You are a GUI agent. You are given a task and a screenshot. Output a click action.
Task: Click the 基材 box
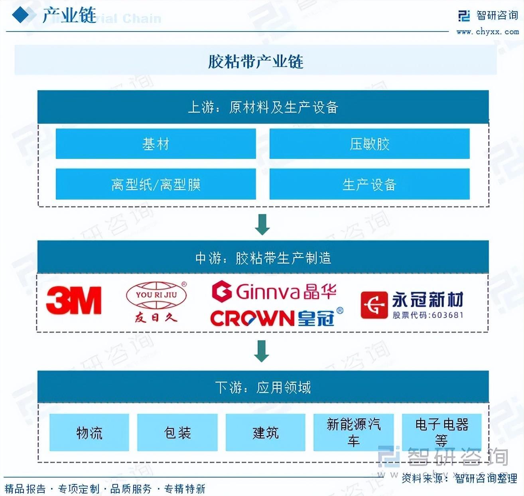coord(156,144)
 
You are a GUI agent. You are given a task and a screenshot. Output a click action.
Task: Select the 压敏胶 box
coord(369,144)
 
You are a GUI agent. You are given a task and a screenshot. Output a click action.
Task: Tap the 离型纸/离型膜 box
coord(156,184)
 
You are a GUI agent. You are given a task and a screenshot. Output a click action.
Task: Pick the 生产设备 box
coord(369,184)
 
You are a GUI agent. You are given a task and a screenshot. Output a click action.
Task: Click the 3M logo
coord(74,300)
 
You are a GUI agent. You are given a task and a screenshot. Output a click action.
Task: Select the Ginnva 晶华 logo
coord(274,292)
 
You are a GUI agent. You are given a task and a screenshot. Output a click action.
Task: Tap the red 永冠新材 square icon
coord(374,305)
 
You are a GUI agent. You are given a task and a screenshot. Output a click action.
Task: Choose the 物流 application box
coord(89,433)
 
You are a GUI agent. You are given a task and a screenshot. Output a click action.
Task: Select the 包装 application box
coord(177,433)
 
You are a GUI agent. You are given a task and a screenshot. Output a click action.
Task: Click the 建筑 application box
coord(266,433)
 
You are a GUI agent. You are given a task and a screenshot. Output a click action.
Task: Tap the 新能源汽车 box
coord(353,433)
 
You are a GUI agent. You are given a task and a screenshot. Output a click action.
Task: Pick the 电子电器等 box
coord(441,433)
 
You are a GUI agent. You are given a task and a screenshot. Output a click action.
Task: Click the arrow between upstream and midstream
coord(262,224)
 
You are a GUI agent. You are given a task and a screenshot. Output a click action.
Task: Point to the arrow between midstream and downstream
coord(262,351)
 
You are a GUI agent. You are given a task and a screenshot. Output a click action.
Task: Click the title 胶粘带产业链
coord(256,62)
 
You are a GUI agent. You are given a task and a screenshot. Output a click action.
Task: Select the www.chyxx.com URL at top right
coord(487,32)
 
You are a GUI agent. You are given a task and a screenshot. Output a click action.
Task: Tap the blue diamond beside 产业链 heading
coord(21,15)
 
